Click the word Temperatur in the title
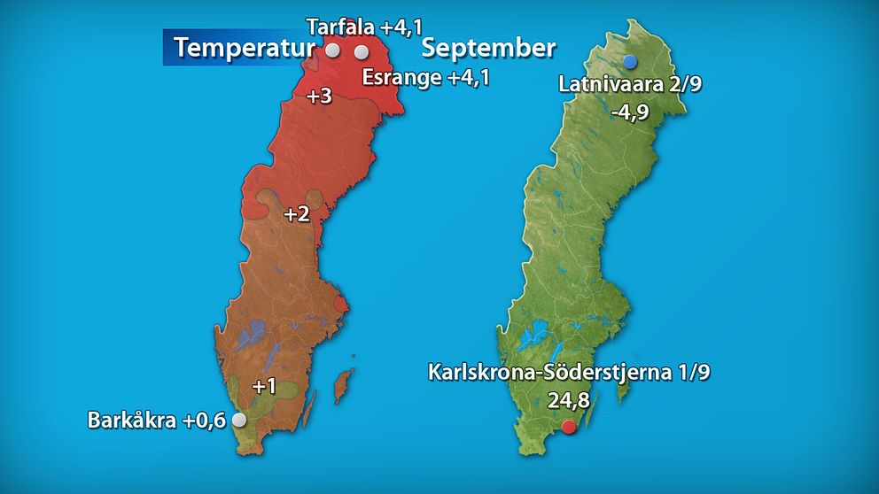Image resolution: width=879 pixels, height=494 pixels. [245, 47]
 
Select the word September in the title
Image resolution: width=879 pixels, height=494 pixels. [489, 47]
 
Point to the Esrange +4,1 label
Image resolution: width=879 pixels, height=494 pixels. [426, 77]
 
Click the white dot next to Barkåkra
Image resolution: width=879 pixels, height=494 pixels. [238, 421]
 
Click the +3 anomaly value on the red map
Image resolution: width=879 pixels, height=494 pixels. [319, 96]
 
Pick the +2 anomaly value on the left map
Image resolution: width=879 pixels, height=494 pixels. [297, 213]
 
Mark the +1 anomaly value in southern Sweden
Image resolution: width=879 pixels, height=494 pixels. [264, 387]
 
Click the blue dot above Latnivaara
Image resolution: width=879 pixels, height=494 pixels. [629, 61]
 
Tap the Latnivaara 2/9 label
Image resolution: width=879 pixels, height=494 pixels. [625, 86]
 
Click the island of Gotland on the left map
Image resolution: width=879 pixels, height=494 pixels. [342, 384]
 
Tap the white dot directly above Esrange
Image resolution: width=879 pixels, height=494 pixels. [361, 51]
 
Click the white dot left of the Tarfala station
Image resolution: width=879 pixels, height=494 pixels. [332, 50]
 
